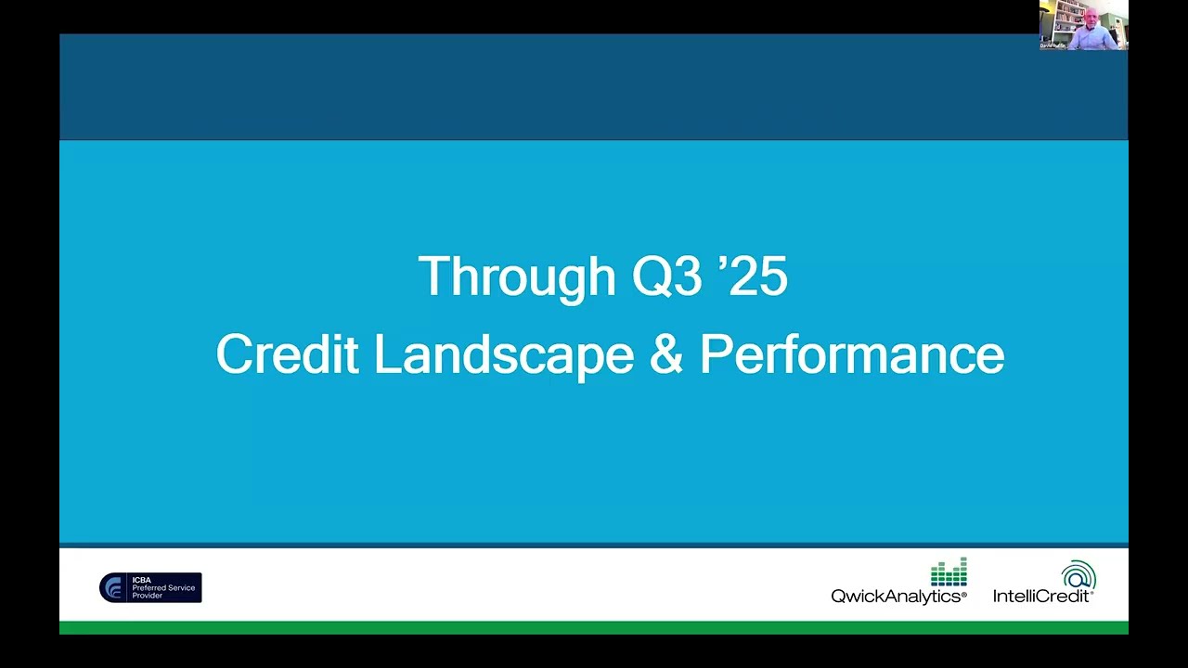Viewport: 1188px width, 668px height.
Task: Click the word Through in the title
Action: click(x=516, y=277)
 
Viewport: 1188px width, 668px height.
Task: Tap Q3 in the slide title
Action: click(x=666, y=277)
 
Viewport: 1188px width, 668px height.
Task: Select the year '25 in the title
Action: click(x=753, y=277)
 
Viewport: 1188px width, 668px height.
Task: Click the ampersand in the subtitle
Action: click(x=665, y=354)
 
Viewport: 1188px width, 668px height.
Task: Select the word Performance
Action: click(x=851, y=354)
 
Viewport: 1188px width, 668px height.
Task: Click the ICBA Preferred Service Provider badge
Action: click(x=150, y=587)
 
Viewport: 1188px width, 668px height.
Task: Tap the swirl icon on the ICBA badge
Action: click(x=114, y=587)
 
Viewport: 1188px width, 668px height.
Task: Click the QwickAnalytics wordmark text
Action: click(x=897, y=597)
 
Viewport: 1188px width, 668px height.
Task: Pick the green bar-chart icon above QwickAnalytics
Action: click(x=949, y=572)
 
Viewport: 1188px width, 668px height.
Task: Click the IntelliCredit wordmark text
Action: click(x=1042, y=597)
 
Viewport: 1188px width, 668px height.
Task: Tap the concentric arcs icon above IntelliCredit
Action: click(x=1078, y=574)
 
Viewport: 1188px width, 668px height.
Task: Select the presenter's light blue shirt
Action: click(x=1091, y=39)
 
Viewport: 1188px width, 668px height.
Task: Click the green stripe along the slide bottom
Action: click(x=594, y=628)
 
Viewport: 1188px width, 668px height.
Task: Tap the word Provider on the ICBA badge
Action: click(x=147, y=596)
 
